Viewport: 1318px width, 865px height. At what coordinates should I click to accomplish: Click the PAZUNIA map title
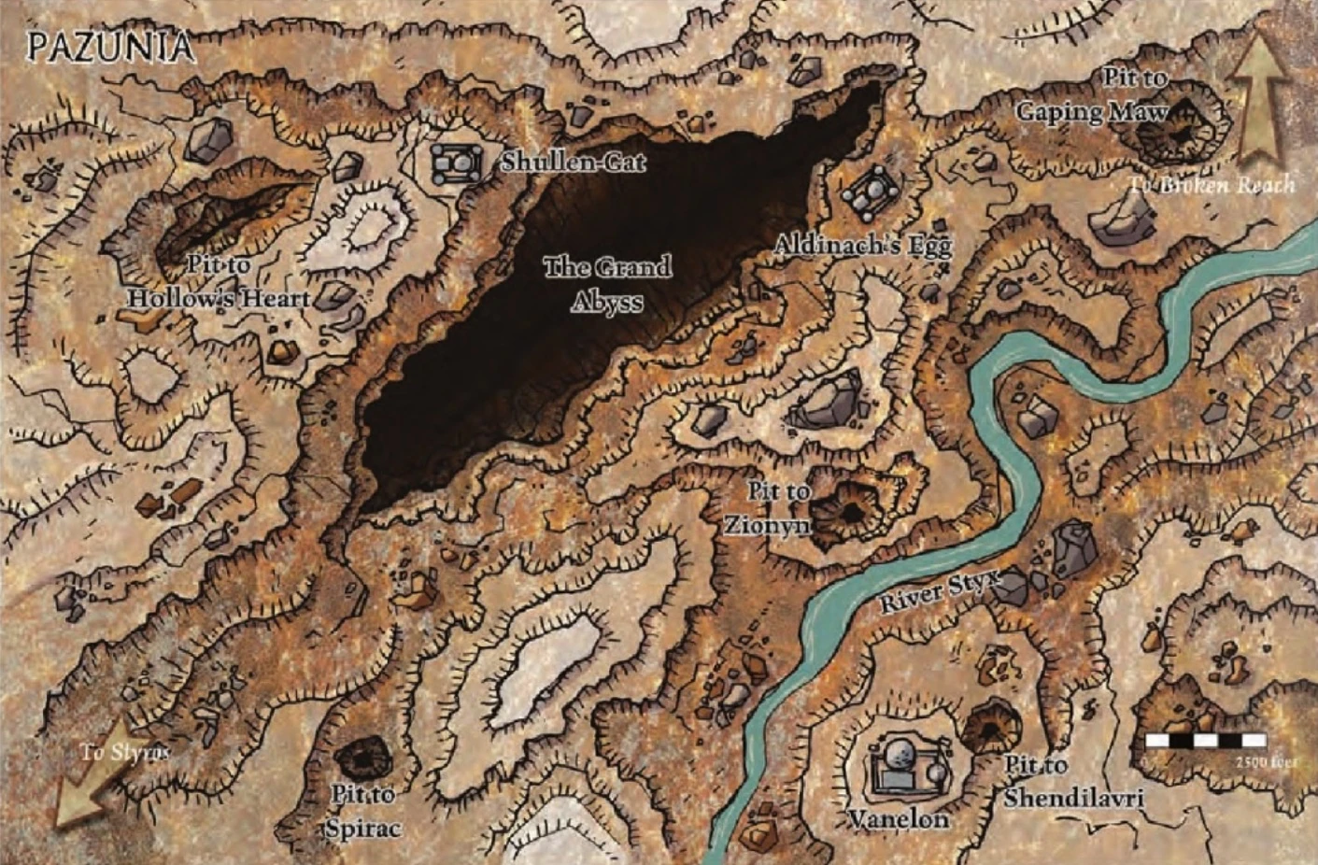[x=110, y=46]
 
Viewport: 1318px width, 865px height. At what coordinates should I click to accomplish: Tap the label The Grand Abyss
[x=607, y=284]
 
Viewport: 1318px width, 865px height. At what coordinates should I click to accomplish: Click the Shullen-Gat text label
[x=573, y=162]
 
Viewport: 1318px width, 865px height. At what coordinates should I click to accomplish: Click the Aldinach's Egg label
[x=862, y=246]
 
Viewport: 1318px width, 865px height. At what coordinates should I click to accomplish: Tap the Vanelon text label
[x=898, y=819]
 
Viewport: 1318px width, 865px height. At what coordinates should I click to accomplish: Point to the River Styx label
[x=939, y=590]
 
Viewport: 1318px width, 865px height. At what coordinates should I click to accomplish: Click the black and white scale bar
[x=1206, y=740]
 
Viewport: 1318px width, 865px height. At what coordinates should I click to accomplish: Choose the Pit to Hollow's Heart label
[x=219, y=282]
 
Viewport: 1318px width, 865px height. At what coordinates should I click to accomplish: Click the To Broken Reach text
[x=1212, y=185]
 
